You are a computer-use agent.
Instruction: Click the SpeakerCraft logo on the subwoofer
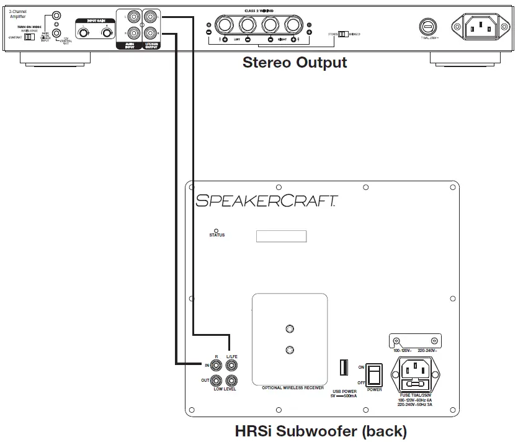pos(266,200)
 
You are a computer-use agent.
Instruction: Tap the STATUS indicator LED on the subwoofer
pos(216,230)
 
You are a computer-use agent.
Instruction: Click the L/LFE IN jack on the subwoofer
pos(232,366)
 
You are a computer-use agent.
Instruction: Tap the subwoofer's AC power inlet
pos(414,374)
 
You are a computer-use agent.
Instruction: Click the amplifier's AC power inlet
pos(478,27)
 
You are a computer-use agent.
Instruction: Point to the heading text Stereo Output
pos(295,63)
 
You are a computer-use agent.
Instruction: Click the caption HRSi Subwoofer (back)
pos(321,431)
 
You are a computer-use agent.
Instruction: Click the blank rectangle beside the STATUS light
pos(281,236)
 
